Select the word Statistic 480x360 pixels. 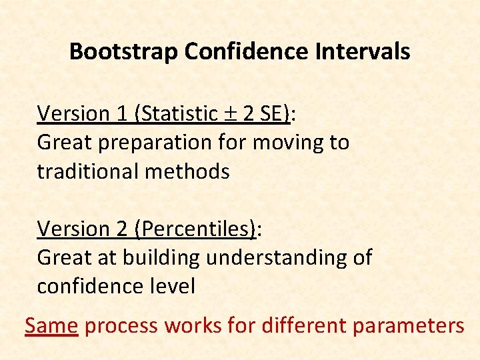point(178,114)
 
